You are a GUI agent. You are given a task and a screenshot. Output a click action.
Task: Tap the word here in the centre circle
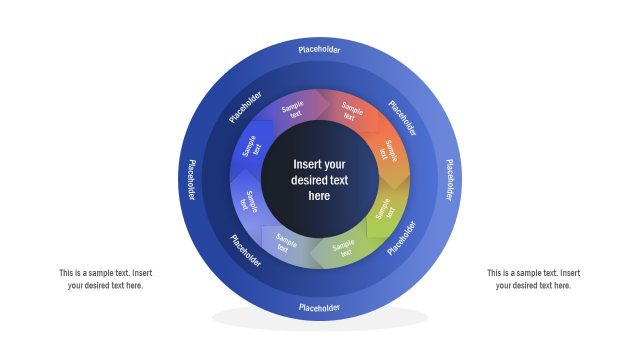[319, 196]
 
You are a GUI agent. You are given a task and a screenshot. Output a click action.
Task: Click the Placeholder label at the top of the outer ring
[319, 48]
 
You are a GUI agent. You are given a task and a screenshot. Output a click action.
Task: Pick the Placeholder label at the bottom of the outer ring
[319, 308]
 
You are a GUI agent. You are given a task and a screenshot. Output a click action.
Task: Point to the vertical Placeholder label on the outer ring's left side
[190, 179]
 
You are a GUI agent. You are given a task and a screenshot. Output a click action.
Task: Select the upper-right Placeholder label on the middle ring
[402, 117]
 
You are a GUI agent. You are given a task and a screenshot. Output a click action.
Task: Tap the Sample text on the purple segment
[292, 110]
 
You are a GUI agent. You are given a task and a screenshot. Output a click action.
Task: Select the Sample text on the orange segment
[391, 153]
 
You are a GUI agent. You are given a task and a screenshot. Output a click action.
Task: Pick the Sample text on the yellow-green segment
[385, 211]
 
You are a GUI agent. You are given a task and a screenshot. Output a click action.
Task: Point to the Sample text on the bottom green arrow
[344, 248]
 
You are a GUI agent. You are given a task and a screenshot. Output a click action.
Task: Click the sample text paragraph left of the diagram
[105, 279]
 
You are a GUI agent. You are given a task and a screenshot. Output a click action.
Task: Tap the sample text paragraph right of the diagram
[533, 279]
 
